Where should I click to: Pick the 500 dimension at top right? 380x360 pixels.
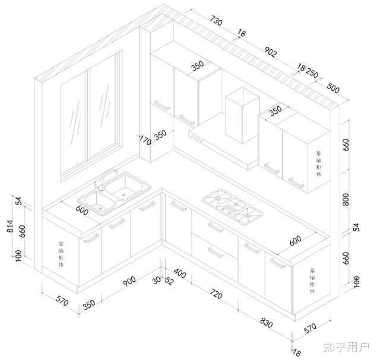333,89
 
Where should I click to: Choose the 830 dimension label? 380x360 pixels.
265,324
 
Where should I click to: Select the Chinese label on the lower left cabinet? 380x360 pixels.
61,254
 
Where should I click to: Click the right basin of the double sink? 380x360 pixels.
127,188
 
